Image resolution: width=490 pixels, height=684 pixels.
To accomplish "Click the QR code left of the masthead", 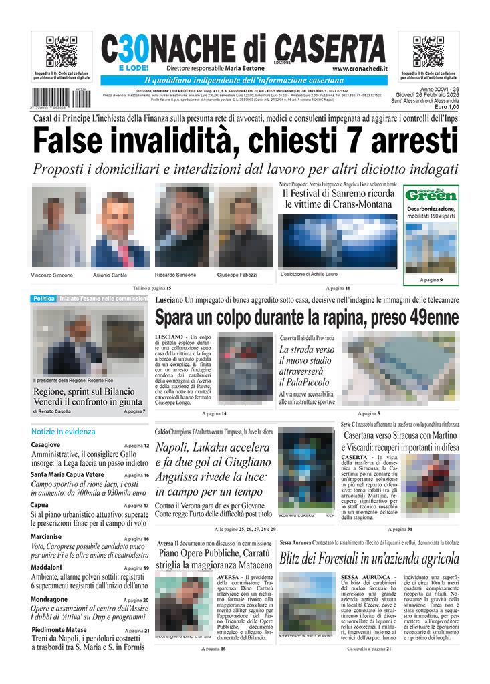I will click(61, 51).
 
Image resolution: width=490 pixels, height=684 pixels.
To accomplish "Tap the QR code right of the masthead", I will click(428, 51).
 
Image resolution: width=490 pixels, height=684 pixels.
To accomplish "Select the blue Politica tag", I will click(43, 299).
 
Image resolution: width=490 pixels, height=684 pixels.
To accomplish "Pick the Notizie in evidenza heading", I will click(63, 432).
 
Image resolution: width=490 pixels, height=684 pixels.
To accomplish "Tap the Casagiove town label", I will click(45, 444).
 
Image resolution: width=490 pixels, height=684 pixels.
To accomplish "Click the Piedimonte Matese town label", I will click(59, 630).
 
